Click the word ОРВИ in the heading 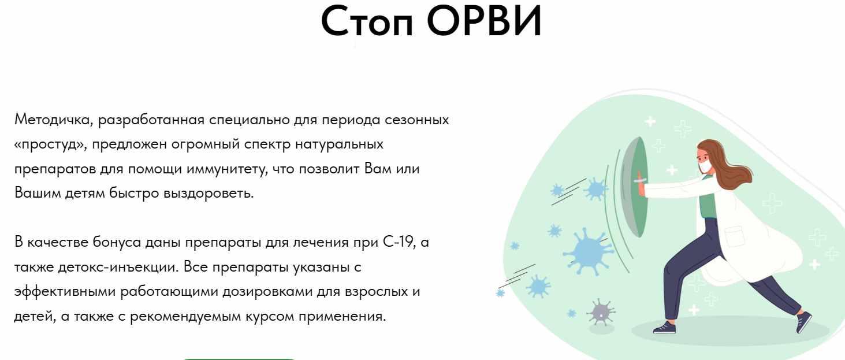click(486, 21)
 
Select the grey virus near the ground click(601, 313)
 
